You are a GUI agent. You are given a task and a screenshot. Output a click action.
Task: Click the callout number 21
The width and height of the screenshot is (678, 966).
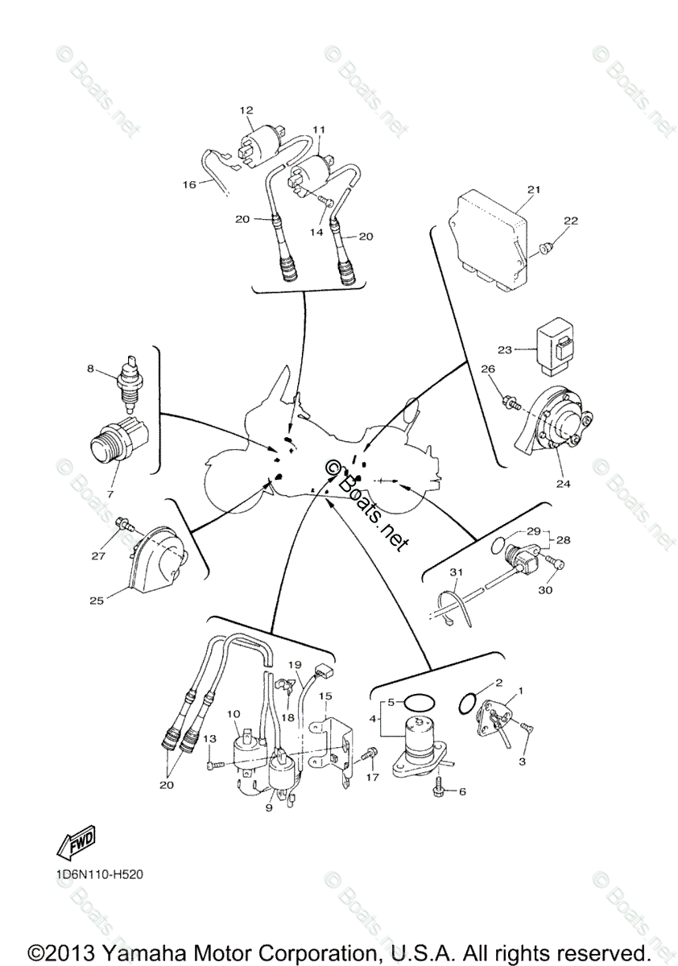(x=532, y=189)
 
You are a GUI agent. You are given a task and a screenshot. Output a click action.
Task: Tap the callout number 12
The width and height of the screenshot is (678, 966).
(x=246, y=109)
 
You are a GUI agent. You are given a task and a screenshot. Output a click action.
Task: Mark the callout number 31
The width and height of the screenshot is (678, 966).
(x=457, y=572)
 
